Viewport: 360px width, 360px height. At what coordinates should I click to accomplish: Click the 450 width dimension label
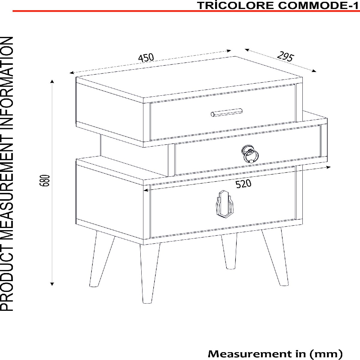point(146,58)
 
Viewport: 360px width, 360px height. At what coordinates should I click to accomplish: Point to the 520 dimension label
point(243,184)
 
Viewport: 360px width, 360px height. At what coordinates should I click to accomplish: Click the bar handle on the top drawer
point(226,112)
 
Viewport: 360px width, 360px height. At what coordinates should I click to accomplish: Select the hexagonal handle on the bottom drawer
point(225,204)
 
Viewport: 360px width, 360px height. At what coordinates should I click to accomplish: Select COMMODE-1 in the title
point(318,6)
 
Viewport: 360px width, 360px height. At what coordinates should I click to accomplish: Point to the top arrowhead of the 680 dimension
point(52,81)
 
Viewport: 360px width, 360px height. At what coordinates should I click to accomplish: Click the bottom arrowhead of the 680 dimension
point(52,289)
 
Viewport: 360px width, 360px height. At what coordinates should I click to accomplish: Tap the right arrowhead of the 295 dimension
point(314,71)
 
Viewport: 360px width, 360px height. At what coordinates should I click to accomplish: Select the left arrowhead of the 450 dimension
point(72,73)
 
